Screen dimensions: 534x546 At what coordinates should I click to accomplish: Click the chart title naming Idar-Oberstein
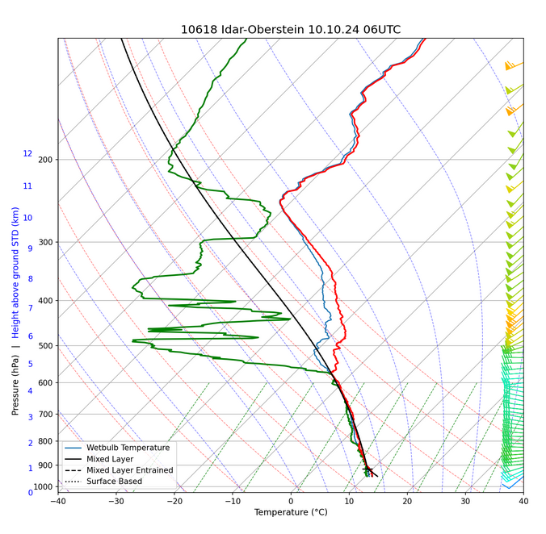(x=291, y=30)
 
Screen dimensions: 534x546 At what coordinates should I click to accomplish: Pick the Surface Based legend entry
(x=114, y=482)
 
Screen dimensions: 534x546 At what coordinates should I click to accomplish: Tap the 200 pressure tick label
(x=45, y=160)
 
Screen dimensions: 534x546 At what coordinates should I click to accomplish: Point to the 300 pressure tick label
(x=45, y=243)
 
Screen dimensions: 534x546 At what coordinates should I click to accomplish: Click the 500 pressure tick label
(x=45, y=346)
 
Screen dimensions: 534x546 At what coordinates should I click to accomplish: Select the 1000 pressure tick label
(x=43, y=487)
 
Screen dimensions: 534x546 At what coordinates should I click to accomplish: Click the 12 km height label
(x=27, y=154)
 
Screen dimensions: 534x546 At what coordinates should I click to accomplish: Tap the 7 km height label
(x=30, y=308)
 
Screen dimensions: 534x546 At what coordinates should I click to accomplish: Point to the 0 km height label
(x=30, y=492)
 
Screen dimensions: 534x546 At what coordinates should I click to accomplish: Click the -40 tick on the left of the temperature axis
(x=58, y=501)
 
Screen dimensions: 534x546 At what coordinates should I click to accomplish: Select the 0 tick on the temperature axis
(x=291, y=501)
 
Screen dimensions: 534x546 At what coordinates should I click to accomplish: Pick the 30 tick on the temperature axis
(x=465, y=501)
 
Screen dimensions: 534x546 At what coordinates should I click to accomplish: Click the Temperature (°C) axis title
(x=291, y=513)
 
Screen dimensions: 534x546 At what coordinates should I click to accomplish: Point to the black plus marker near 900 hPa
(x=367, y=469)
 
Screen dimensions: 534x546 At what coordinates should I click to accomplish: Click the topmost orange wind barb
(x=510, y=65)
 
